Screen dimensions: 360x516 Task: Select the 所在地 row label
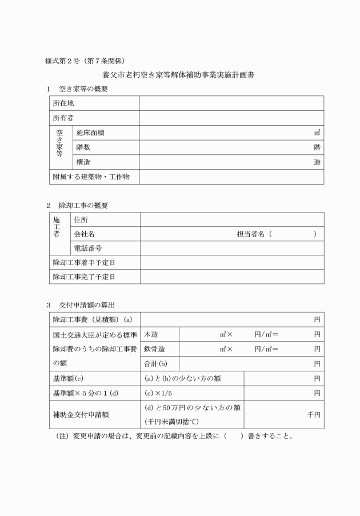[x=63, y=103]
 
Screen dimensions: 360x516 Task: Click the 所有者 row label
[x=63, y=118]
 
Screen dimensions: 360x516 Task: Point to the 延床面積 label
[x=90, y=133]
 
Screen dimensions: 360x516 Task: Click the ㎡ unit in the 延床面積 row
[x=317, y=133]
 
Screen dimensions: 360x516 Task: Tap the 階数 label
[x=83, y=147]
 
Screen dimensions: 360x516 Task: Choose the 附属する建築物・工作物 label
[x=91, y=177]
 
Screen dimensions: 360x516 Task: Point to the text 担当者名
[x=251, y=234]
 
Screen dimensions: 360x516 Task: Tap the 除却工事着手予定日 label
[x=84, y=263]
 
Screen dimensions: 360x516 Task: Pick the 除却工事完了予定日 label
[x=84, y=277]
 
